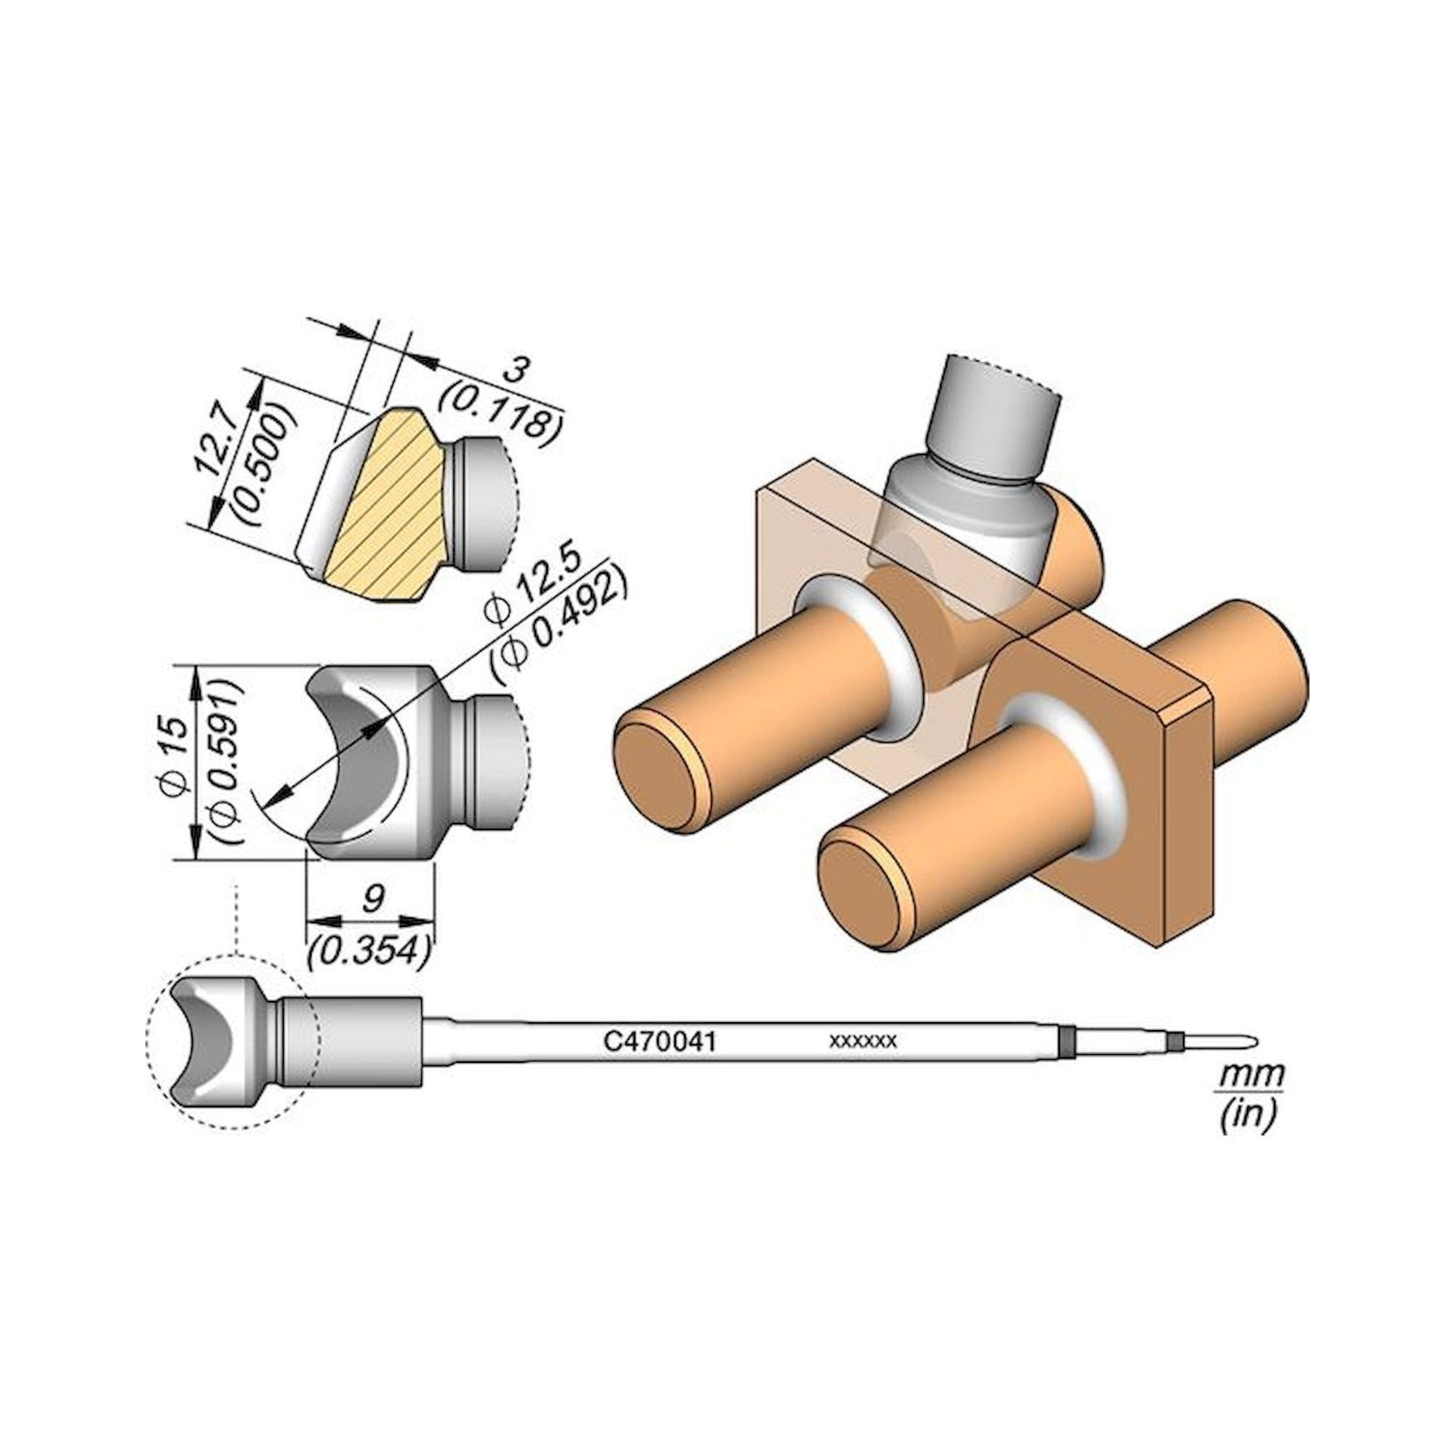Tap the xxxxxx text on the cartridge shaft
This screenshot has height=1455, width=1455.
tap(862, 1042)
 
